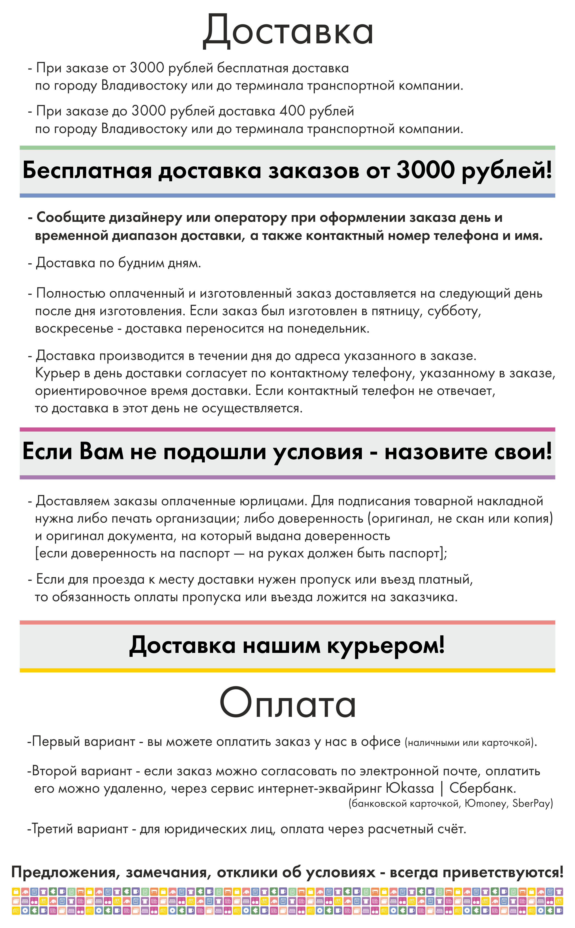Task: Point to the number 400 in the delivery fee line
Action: [x=292, y=111]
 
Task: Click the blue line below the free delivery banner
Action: [x=287, y=196]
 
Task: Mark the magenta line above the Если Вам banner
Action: [x=287, y=429]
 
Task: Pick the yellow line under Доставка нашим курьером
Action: [x=287, y=671]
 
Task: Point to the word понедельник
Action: [x=328, y=328]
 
